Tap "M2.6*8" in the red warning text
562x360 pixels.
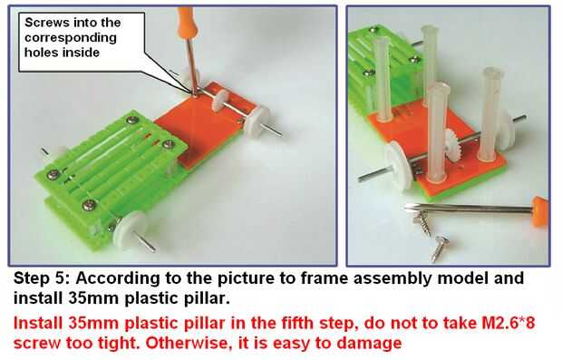(508, 323)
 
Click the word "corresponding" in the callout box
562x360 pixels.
(71, 38)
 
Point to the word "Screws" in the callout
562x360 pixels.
(47, 23)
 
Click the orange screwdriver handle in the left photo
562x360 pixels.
(186, 19)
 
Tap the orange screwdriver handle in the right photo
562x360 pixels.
(540, 211)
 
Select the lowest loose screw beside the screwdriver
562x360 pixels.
(440, 248)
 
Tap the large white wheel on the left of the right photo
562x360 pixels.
(399, 165)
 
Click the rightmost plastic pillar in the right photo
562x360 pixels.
(490, 114)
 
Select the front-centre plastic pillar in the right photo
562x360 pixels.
(437, 132)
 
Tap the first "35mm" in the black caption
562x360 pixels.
(92, 298)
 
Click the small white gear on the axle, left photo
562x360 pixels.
(219, 101)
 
